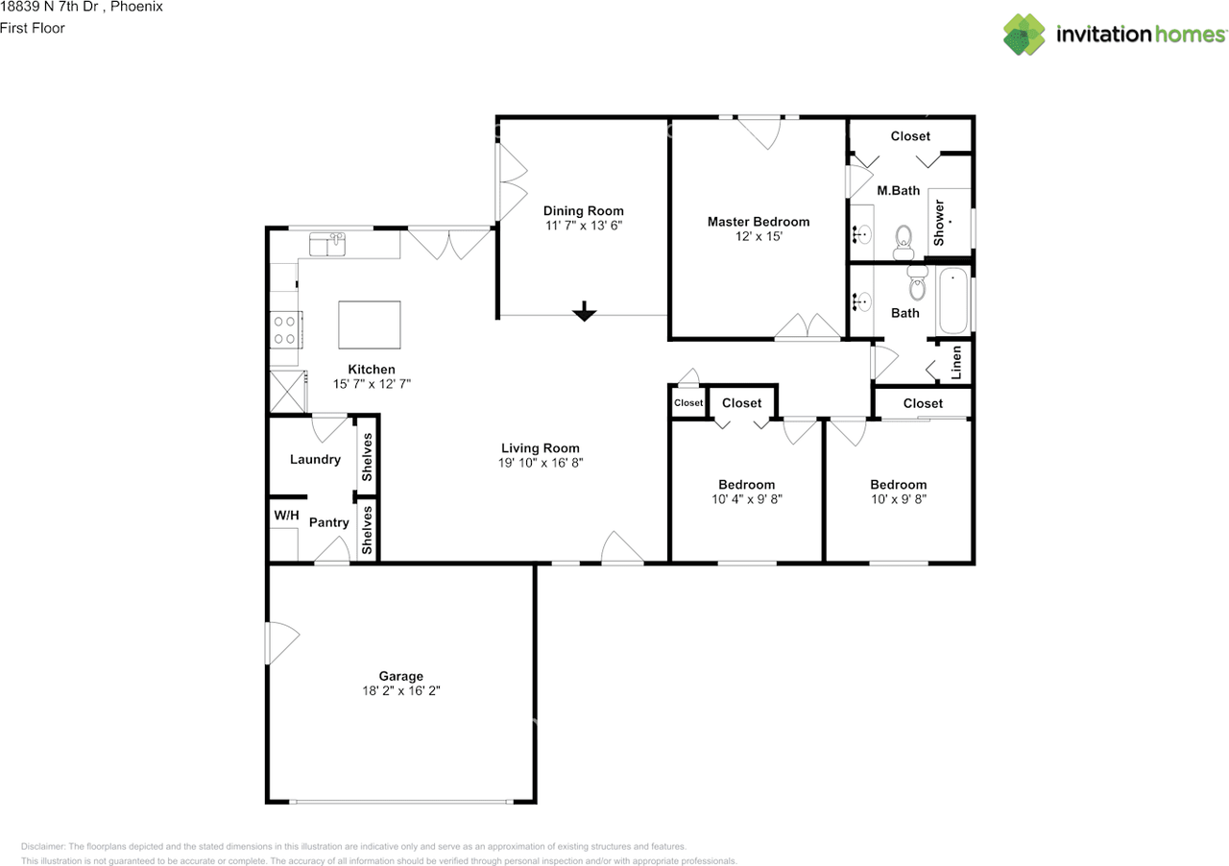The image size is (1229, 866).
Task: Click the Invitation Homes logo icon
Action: coord(1024,34)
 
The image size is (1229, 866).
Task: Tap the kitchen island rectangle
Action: coord(370,325)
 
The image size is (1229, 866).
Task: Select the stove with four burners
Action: coord(286,330)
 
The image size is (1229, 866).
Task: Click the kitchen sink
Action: coord(327,244)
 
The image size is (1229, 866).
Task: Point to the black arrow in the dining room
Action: coord(584,311)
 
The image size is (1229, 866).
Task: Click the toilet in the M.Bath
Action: coord(904,242)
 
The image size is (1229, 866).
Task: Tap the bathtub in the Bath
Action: coord(953,301)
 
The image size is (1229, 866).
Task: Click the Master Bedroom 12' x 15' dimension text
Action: coord(759,236)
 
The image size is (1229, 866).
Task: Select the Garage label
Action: coord(401,677)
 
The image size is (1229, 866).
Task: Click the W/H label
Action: coord(286,516)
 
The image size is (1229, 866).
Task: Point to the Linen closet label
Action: coord(956,363)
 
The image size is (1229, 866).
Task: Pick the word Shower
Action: coord(939,223)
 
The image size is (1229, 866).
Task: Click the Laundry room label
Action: coord(315,459)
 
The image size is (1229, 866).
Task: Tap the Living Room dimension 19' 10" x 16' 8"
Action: coord(541,463)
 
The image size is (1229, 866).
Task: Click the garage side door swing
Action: coord(282,642)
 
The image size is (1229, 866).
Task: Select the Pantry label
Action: coord(328,522)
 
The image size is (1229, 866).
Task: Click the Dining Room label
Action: coord(583,210)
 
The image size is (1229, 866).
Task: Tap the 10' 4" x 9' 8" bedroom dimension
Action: coord(747,499)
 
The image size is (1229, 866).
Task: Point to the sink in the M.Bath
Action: coord(862,235)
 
